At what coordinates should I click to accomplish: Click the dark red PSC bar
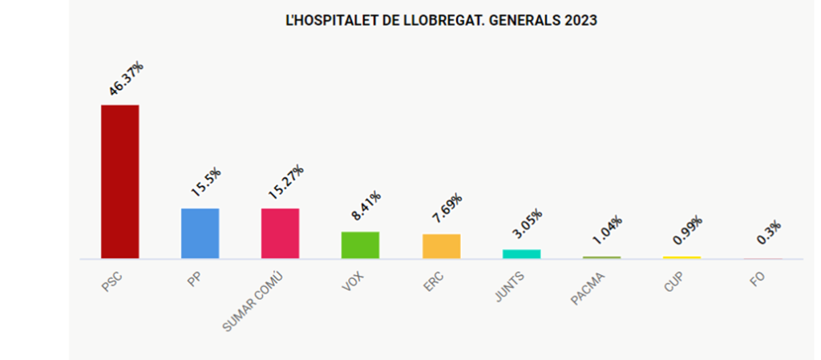pyautogui.click(x=119, y=181)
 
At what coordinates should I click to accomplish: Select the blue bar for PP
pyautogui.click(x=200, y=233)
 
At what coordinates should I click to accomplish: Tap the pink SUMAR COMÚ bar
pyautogui.click(x=280, y=233)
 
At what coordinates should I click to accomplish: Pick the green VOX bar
pyautogui.click(x=360, y=245)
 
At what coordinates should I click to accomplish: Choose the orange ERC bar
pyautogui.click(x=441, y=246)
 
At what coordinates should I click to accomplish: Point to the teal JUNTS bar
pyautogui.click(x=521, y=253)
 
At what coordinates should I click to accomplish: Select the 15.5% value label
pyautogui.click(x=206, y=183)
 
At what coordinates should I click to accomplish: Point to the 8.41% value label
pyautogui.click(x=366, y=207)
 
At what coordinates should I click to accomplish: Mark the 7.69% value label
pyautogui.click(x=446, y=209)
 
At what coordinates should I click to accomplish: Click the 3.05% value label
pyautogui.click(x=527, y=225)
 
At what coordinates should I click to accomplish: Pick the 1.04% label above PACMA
pyautogui.click(x=607, y=232)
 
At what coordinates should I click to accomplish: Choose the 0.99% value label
pyautogui.click(x=687, y=232)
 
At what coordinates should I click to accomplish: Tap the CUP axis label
pyautogui.click(x=673, y=281)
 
